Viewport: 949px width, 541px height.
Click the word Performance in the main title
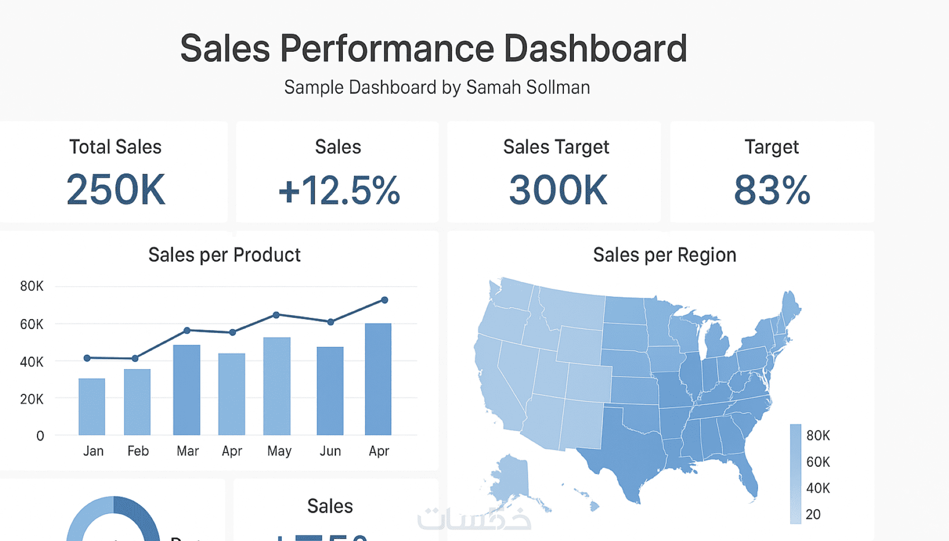coord(387,49)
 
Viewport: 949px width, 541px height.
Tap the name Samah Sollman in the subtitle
coord(528,88)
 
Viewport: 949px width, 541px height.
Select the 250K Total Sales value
coord(116,190)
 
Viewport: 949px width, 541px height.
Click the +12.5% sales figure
coord(339,190)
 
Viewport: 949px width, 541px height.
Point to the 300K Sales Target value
coord(558,190)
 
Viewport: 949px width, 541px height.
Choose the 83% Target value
coord(771,190)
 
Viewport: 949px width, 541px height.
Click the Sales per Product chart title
coord(224,255)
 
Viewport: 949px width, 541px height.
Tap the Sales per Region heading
coord(664,255)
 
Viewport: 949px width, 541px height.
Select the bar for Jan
coord(92,407)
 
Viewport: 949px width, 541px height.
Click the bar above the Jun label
coord(330,390)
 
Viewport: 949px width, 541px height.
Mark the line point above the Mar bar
coord(187,331)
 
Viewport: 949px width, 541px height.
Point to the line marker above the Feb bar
coord(135,359)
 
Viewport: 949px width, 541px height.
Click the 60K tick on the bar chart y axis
coord(31,324)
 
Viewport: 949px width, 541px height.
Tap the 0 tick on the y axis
coord(40,436)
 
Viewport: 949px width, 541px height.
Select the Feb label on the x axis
coord(138,451)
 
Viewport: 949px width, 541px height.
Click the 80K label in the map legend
coord(818,436)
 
